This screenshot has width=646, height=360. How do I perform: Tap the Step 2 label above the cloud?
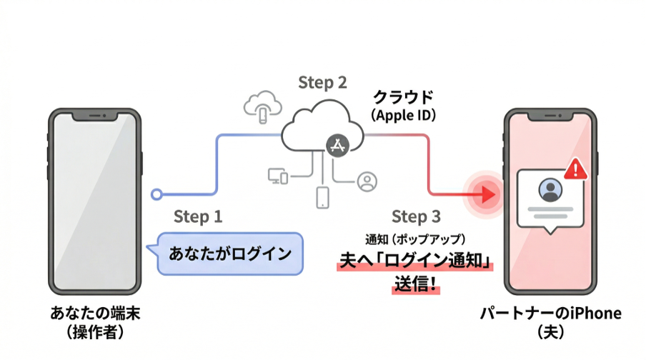tap(322, 83)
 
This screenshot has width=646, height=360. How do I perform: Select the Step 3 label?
tap(416, 216)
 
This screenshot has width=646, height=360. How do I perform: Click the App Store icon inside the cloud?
tap(337, 145)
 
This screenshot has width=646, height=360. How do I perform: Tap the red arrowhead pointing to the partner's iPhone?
tap(490, 193)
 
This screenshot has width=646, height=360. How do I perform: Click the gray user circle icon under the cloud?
tap(367, 181)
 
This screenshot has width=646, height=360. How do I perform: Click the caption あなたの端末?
tap(91, 312)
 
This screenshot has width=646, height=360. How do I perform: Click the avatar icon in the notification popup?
tap(550, 190)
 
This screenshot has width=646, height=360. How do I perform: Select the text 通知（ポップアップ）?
tap(415, 239)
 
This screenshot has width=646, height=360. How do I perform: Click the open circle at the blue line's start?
tap(156, 194)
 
